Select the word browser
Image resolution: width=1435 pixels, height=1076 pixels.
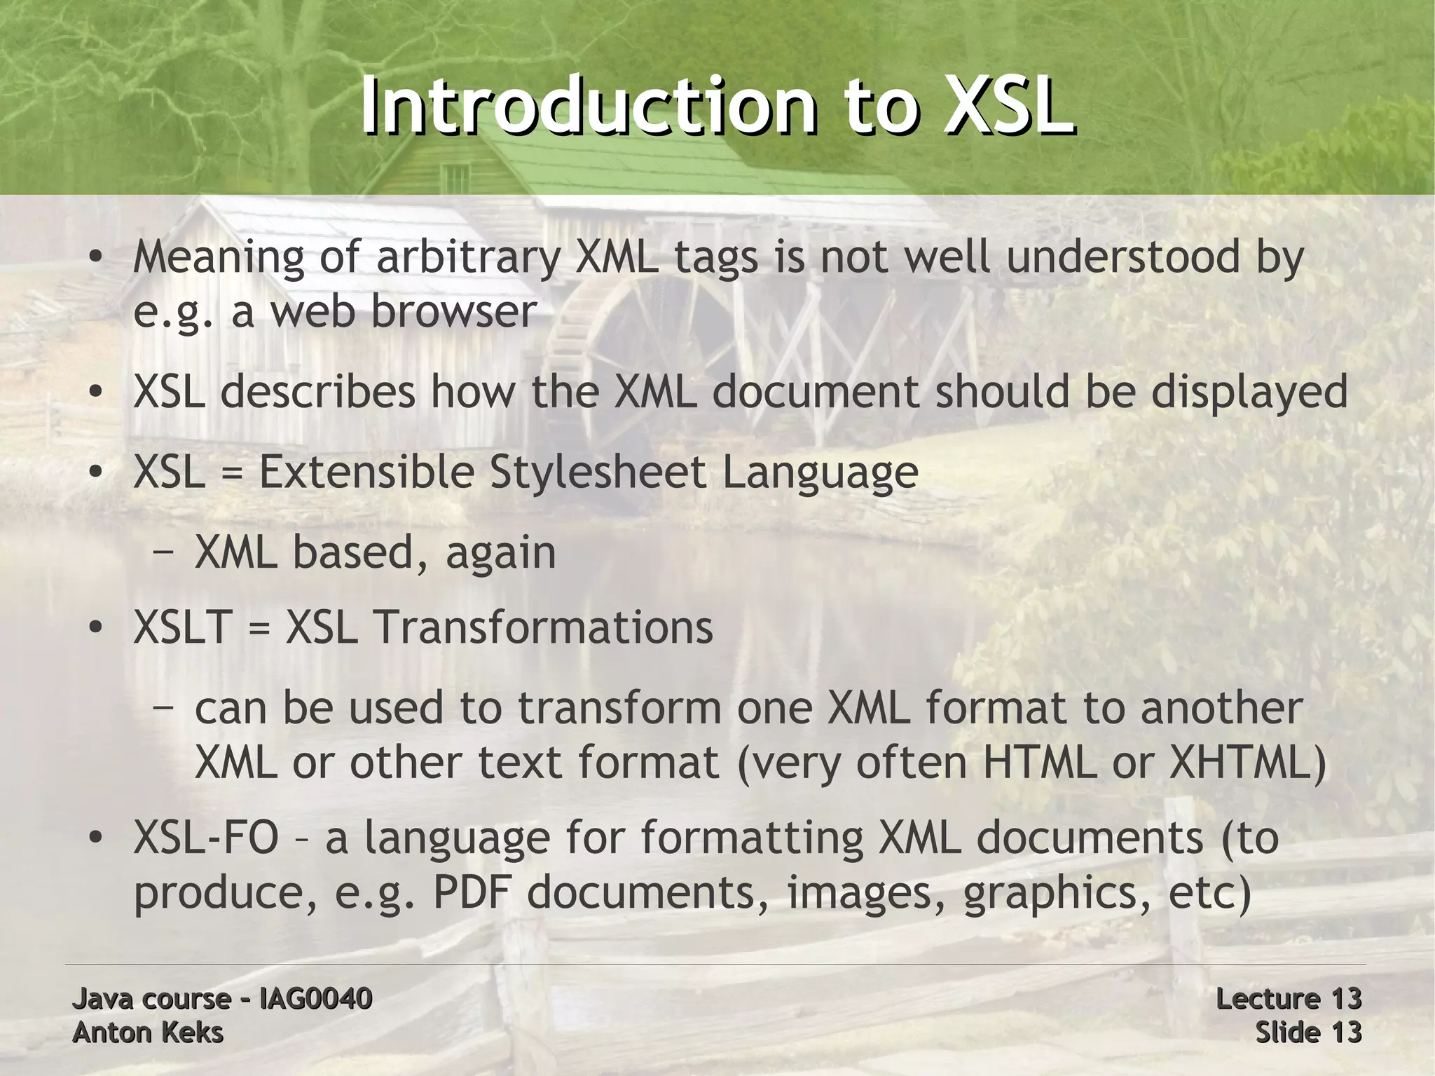[x=453, y=312]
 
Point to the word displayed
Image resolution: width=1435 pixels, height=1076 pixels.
[x=1249, y=393]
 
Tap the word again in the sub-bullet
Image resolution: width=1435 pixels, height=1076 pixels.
[x=500, y=554]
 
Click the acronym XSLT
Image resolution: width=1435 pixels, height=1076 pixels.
[x=182, y=627]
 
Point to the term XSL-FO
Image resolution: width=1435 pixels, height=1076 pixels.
[x=206, y=838]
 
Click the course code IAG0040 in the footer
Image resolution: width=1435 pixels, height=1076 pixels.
[x=315, y=998]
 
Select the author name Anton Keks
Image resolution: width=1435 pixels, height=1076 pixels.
[x=148, y=1033]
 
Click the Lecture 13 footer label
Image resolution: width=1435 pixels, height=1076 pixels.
[x=1288, y=998]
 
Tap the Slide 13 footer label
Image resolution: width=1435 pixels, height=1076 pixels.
[x=1307, y=1033]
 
